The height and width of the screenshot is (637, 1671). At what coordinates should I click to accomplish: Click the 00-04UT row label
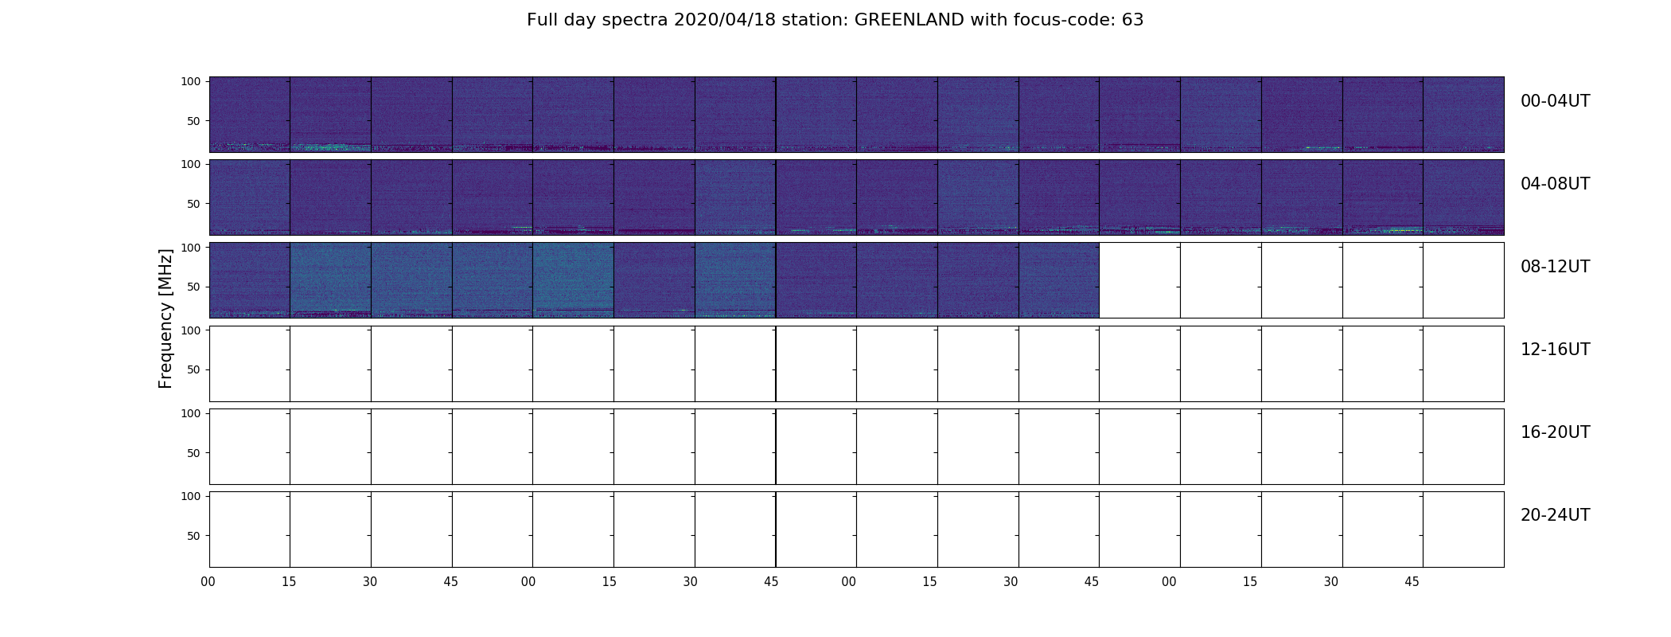(1555, 101)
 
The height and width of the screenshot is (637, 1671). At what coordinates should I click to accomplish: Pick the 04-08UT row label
(1555, 184)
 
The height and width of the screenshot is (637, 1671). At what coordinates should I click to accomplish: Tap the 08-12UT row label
(1555, 267)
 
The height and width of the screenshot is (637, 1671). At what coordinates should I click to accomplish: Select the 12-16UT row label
(1555, 350)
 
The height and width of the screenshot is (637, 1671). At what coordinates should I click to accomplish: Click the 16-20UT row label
(1555, 432)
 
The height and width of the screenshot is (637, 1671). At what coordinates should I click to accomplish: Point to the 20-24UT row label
(1555, 515)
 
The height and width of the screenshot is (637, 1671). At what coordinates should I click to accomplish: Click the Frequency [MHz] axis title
(166, 318)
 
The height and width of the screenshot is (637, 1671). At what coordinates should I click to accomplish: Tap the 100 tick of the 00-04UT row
(191, 81)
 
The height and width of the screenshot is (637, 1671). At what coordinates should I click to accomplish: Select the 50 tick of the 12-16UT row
(194, 369)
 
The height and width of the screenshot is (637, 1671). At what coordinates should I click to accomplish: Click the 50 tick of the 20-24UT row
(194, 536)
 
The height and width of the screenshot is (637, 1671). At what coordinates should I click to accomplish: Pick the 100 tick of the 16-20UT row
(191, 413)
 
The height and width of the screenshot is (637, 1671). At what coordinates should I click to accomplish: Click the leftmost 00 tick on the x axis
(208, 582)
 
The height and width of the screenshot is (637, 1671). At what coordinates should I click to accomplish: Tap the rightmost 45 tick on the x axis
(1412, 582)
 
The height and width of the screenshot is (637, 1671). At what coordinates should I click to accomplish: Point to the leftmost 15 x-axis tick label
(289, 582)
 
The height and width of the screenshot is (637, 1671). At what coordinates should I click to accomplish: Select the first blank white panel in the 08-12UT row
(1139, 280)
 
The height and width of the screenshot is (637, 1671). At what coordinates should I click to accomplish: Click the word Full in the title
(542, 20)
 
